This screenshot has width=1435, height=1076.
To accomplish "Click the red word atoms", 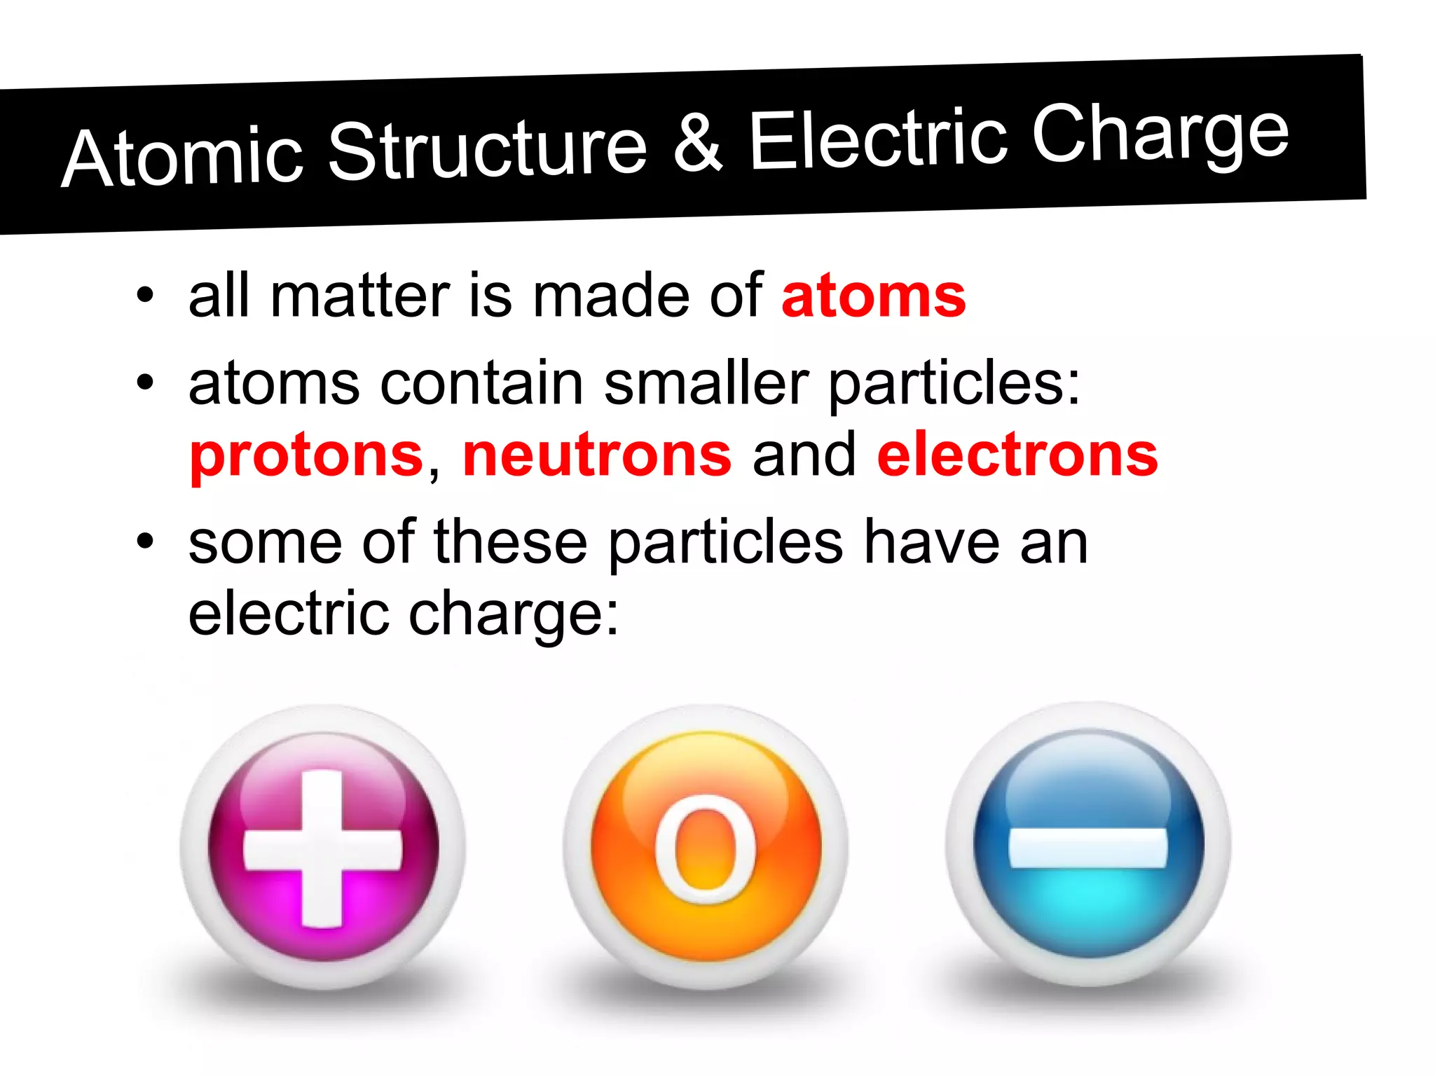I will pyautogui.click(x=873, y=296).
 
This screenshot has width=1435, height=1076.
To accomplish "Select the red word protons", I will pyautogui.click(x=307, y=455).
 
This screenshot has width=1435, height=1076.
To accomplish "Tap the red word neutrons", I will pyautogui.click(x=597, y=455).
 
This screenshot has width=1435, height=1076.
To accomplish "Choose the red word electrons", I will pyautogui.click(x=1017, y=455).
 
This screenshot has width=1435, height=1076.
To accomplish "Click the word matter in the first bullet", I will pyautogui.click(x=359, y=296).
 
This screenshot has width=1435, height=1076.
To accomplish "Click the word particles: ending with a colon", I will pyautogui.click(x=954, y=385).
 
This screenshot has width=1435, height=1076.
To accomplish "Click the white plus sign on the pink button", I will pyautogui.click(x=323, y=848).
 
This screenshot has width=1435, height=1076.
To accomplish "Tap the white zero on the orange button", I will pyautogui.click(x=706, y=848).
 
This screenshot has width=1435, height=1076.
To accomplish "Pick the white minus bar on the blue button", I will pyautogui.click(x=1087, y=847).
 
